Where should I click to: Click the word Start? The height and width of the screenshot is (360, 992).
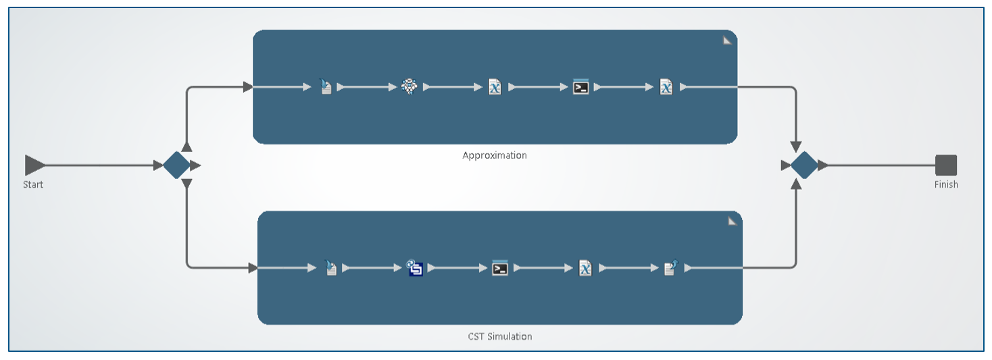coord(33,184)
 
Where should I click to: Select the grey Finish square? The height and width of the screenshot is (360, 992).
coord(946,165)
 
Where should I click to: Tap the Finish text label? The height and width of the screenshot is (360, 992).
coord(946,184)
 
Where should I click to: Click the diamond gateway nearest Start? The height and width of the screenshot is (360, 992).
coord(176,165)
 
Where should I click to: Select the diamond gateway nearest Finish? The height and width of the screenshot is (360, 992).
coord(804,165)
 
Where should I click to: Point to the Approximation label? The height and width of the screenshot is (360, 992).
coord(495,155)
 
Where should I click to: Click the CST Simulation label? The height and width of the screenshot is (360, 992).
coord(500,336)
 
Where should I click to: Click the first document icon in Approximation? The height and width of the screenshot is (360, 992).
coord(326,86)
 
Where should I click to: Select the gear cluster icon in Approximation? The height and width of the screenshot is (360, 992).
coord(410,86)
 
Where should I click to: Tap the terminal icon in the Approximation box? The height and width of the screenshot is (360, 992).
coord(580,86)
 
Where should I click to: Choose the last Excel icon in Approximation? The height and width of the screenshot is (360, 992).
coord(666,86)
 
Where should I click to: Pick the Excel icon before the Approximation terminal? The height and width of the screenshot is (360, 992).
coord(495,86)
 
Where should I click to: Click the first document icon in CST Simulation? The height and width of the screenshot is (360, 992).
coord(330,268)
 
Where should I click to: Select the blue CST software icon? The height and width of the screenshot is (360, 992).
coord(415,268)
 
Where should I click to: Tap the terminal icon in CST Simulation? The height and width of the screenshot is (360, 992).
coord(499,268)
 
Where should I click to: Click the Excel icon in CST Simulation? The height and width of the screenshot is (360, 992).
coord(585,268)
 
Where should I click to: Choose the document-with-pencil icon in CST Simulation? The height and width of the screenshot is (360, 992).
coord(670,268)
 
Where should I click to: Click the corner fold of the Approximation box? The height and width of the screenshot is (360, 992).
coord(727,41)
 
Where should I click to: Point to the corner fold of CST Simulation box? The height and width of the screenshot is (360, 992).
coord(732,222)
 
